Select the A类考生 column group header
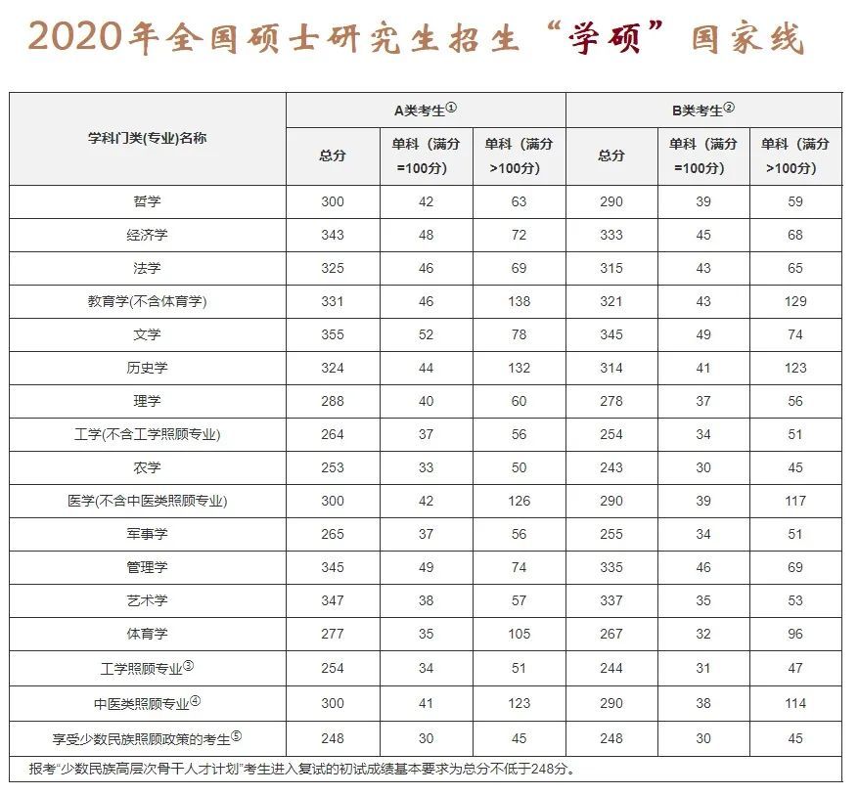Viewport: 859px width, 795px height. click(x=426, y=110)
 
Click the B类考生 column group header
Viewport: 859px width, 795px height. click(x=702, y=110)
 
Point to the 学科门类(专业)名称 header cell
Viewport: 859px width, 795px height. click(x=148, y=138)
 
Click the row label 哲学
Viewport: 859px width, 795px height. click(x=148, y=201)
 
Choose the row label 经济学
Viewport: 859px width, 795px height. click(x=148, y=235)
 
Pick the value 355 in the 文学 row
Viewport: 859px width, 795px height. click(x=333, y=334)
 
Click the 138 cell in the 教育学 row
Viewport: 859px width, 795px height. click(x=519, y=301)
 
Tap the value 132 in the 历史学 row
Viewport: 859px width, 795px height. click(x=519, y=368)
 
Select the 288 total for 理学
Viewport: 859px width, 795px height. click(x=333, y=401)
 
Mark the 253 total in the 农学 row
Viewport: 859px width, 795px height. click(x=333, y=467)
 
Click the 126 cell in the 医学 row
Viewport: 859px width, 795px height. click(x=519, y=501)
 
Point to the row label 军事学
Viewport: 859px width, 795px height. click(x=148, y=534)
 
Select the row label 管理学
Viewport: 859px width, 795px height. click(x=148, y=567)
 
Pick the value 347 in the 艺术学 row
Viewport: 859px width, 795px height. click(x=333, y=600)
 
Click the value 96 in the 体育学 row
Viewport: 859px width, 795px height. click(x=795, y=634)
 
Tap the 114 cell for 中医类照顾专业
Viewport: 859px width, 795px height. click(x=795, y=702)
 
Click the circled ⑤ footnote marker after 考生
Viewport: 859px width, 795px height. click(x=236, y=735)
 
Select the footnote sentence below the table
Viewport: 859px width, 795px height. click(x=303, y=768)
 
